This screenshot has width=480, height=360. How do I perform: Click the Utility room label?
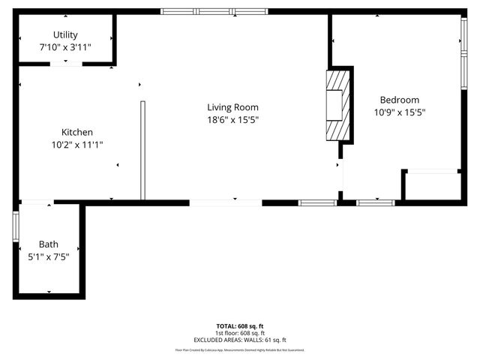[65, 34]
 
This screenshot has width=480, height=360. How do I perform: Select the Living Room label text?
[233, 107]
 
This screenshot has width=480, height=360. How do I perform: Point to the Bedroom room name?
[399, 100]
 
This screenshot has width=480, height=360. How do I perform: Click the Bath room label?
[49, 244]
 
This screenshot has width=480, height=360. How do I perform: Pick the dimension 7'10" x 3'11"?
[65, 46]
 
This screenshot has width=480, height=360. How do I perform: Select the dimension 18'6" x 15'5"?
[233, 119]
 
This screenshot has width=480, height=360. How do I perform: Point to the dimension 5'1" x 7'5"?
[49, 256]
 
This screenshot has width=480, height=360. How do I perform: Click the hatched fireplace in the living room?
[337, 105]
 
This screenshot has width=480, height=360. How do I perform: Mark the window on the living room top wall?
[214, 11]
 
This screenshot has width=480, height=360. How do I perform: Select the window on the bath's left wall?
[16, 226]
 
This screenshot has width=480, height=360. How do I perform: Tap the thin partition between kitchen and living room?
[142, 150]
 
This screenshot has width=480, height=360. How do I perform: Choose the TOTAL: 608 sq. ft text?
[240, 325]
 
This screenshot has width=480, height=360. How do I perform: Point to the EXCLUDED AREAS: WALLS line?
[240, 340]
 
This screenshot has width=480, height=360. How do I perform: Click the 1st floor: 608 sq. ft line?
[240, 333]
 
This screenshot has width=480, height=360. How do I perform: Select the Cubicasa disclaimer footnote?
[240, 349]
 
